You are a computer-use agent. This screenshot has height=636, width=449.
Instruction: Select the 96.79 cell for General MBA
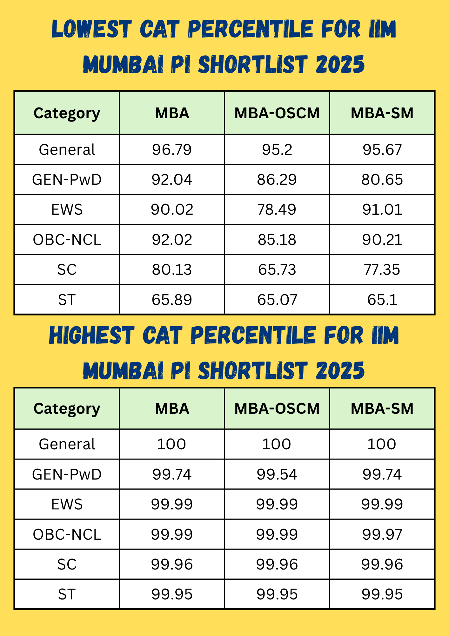[172, 149]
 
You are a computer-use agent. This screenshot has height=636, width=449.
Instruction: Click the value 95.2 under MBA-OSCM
[277, 149]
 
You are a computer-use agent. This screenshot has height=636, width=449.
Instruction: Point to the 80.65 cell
[382, 180]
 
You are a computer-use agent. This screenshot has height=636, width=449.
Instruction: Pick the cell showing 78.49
[277, 210]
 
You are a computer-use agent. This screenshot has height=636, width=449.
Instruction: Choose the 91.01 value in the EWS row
[382, 210]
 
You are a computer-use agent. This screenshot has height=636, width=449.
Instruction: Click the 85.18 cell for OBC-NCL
[277, 239]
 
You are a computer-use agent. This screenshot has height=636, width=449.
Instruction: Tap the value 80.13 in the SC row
[172, 270]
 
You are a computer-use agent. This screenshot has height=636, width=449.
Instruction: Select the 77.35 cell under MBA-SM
[382, 270]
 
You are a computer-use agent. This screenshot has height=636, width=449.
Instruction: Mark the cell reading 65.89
[172, 300]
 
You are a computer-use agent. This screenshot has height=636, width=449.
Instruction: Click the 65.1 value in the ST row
[382, 300]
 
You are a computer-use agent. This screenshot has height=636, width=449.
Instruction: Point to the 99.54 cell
[277, 474]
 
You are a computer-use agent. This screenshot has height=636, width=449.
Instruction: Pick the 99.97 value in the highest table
[382, 534]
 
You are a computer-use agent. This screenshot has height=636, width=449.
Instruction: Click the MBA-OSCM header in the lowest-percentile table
[277, 113]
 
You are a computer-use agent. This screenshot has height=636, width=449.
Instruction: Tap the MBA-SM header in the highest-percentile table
[382, 409]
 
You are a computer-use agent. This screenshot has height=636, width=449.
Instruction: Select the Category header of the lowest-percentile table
[67, 113]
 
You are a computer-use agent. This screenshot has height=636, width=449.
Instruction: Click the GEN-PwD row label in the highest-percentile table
[67, 474]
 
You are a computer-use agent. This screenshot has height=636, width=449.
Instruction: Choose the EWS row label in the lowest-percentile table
[67, 210]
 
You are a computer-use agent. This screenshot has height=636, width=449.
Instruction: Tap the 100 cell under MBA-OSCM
[277, 444]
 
